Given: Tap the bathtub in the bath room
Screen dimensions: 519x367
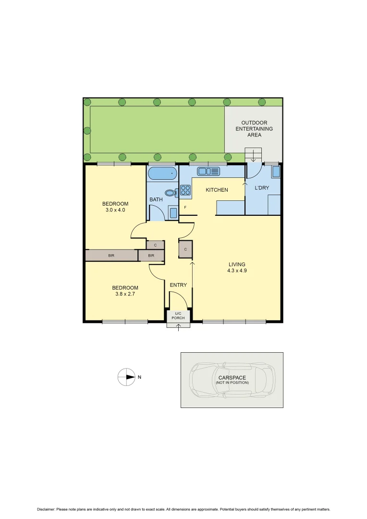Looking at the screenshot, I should coord(162,173).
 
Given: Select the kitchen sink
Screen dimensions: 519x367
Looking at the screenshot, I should coord(208,171).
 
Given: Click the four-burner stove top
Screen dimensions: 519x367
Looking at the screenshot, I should coord(185,190).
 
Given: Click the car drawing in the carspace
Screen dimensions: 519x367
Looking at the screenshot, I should coord(232,380).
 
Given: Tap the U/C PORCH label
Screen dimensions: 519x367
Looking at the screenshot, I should coord(179,316).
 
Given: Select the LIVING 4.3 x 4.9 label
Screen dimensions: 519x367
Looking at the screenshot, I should coord(237,267).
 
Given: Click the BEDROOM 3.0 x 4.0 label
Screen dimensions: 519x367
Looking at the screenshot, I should coord(115,207).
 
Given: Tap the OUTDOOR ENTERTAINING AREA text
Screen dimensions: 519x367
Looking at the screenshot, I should coord(254,129).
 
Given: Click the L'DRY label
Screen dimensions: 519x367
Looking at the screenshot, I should coord(262,187).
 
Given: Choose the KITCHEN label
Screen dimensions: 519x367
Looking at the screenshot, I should coord(217,190).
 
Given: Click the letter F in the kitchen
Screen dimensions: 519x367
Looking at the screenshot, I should coord(185,208).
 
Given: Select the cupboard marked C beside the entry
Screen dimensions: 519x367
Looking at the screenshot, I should coord(185,249).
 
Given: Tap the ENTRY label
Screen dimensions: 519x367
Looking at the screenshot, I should coord(178,285).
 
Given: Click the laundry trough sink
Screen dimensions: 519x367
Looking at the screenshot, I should coord(276,172).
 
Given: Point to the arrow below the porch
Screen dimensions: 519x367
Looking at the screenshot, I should coord(179,327).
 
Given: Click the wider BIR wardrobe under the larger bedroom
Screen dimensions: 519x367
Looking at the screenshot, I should coord(111,256).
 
